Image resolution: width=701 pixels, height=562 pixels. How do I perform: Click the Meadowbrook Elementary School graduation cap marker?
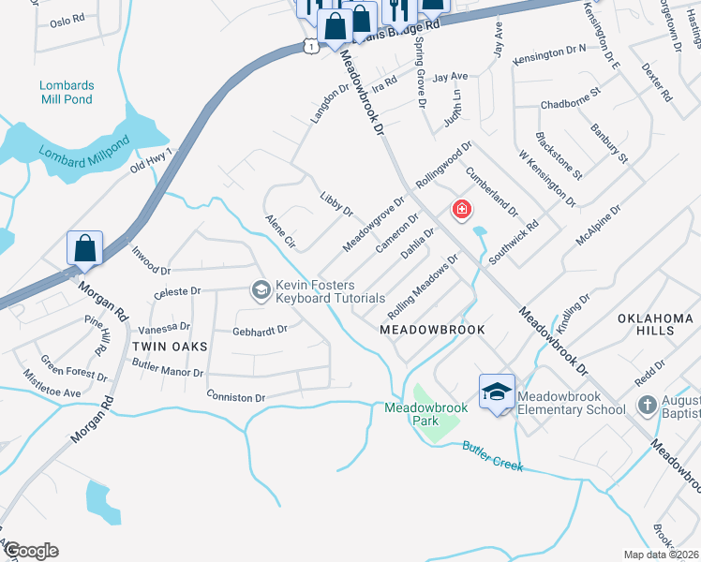tap(497, 392)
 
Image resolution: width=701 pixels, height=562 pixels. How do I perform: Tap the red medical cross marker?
tap(461, 209)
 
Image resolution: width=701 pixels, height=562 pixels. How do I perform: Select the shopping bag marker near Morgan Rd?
tap(84, 249)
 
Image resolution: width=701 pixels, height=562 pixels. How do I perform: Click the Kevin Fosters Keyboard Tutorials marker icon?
tap(260, 291)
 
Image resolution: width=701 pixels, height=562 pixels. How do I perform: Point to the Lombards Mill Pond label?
tap(67, 91)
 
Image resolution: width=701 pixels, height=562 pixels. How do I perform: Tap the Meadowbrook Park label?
tap(411, 414)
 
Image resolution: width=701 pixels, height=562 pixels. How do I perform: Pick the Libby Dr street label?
tap(336, 205)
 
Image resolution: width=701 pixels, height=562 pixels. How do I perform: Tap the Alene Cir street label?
tap(280, 230)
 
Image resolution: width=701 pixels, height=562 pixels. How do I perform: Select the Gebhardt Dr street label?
tap(259, 330)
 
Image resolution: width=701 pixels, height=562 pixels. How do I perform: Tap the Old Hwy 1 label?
tap(151, 160)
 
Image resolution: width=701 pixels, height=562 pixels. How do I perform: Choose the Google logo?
tap(30, 551)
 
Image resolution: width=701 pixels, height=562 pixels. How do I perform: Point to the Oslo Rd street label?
tap(67, 21)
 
